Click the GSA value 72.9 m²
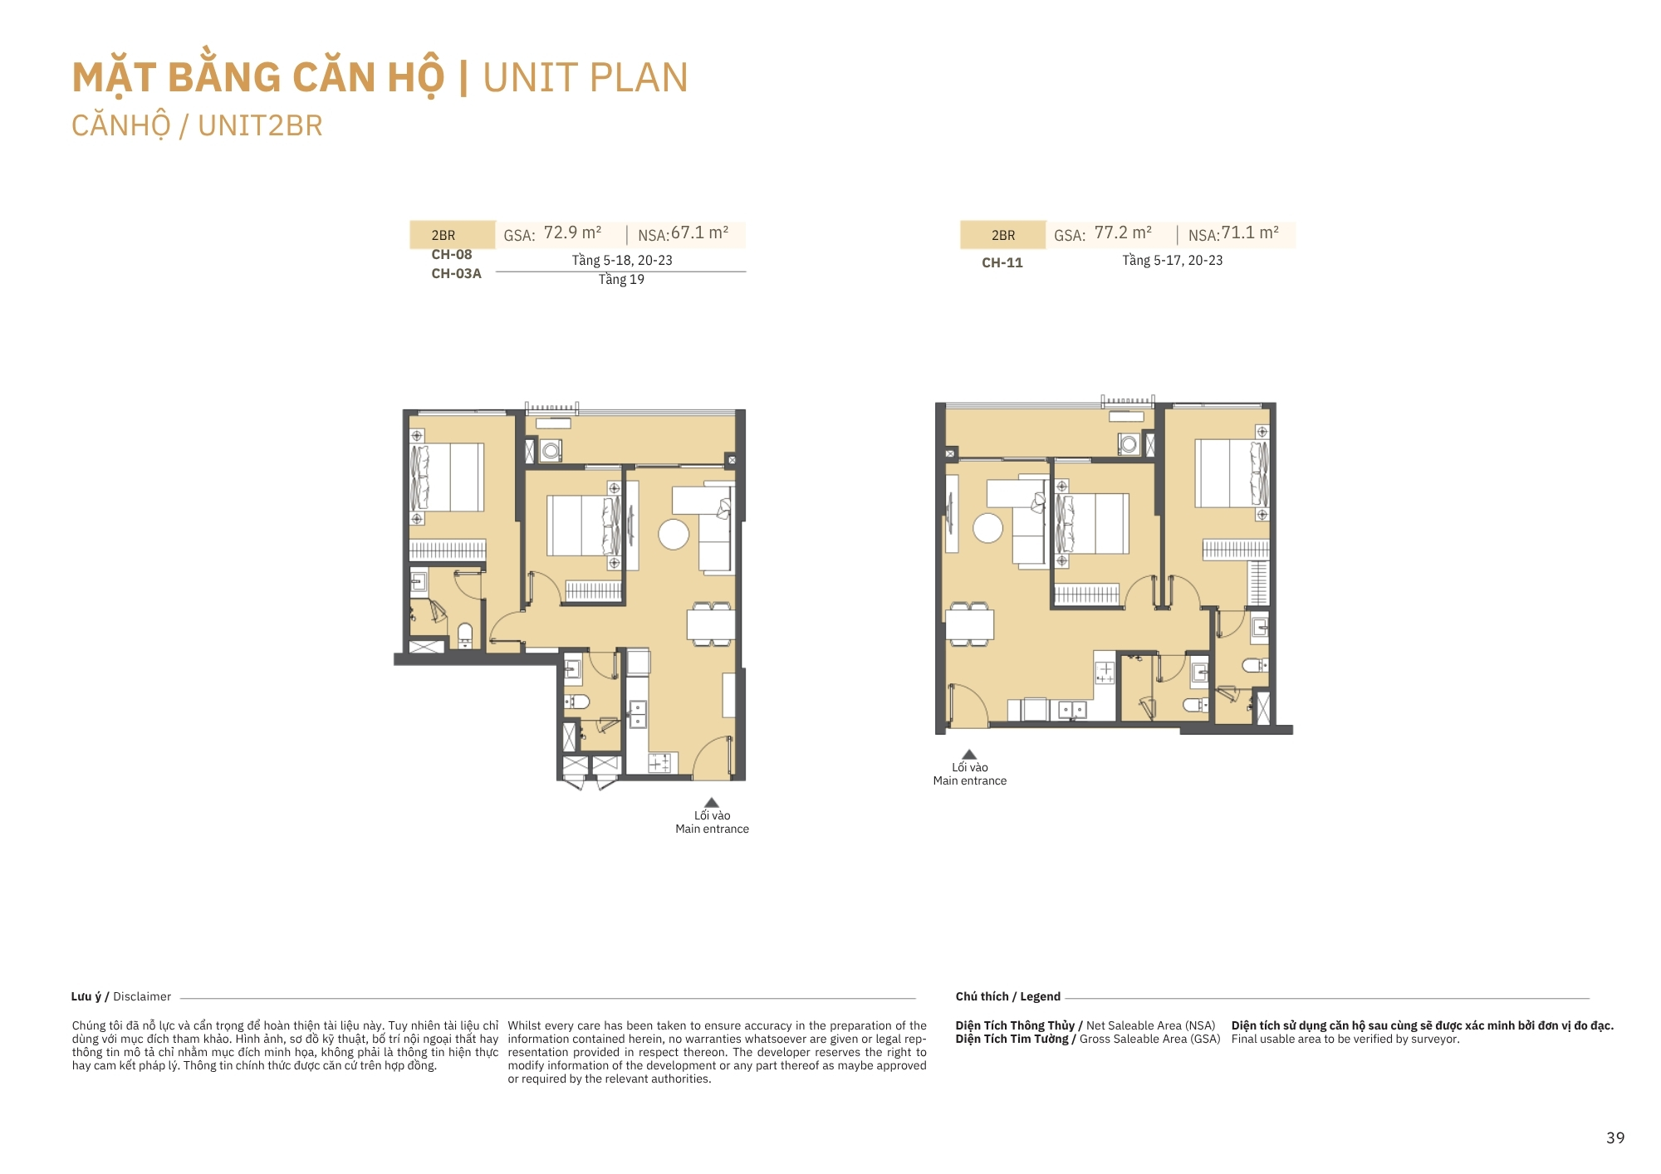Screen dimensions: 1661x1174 tap(572, 233)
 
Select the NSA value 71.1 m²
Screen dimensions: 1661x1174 tap(1250, 233)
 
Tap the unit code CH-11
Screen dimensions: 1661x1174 tap(1002, 262)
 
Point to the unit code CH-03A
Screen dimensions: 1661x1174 tap(456, 273)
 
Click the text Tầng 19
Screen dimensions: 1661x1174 tap(621, 280)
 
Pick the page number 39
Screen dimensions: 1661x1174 tap(1615, 1137)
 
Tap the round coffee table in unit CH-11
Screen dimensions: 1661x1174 tap(987, 528)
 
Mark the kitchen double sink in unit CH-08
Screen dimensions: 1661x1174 tap(637, 714)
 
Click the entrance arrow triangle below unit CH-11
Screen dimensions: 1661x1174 tap(969, 755)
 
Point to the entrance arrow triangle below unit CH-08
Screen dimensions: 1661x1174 tap(712, 802)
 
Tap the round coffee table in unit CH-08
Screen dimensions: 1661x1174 tap(674, 535)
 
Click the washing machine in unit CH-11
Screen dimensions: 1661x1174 tap(1128, 444)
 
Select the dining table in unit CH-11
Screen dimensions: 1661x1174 tap(970, 624)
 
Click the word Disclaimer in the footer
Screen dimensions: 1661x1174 tap(142, 996)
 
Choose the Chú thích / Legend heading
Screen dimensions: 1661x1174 tap(1008, 996)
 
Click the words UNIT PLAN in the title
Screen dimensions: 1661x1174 tap(586, 78)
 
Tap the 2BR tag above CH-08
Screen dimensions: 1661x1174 tap(443, 235)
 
